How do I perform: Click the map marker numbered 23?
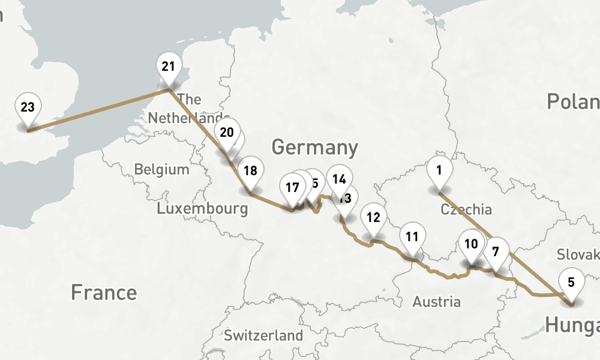28,108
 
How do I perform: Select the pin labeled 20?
226,133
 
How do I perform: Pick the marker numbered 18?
250,170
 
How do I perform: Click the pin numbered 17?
292,187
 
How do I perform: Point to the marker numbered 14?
339,179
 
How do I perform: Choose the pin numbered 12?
373,217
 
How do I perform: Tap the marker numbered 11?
412,236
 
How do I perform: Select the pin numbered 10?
471,244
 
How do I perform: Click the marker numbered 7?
496,251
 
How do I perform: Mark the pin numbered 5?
571,282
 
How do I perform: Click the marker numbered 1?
439,170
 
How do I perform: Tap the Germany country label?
314,147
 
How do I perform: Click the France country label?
104,293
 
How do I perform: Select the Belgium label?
161,169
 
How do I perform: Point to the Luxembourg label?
202,209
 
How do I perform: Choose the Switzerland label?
263,335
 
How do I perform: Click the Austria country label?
436,301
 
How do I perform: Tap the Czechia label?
466,209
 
